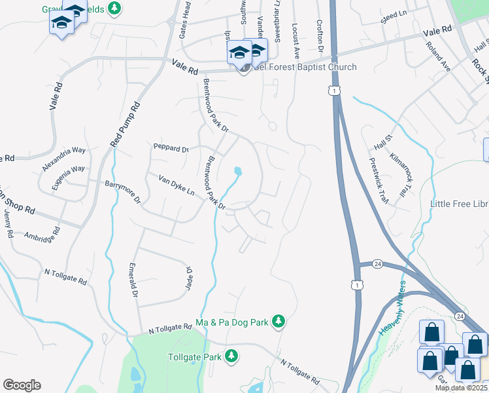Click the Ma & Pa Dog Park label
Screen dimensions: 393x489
232,323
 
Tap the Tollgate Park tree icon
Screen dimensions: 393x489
231,356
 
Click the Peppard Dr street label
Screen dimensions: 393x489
171,149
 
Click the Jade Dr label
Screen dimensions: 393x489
189,279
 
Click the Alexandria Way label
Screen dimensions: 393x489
63,159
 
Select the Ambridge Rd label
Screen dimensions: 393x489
42,234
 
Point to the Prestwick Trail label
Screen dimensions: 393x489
379,179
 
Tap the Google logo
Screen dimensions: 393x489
22,385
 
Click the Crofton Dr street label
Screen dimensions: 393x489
320,35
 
